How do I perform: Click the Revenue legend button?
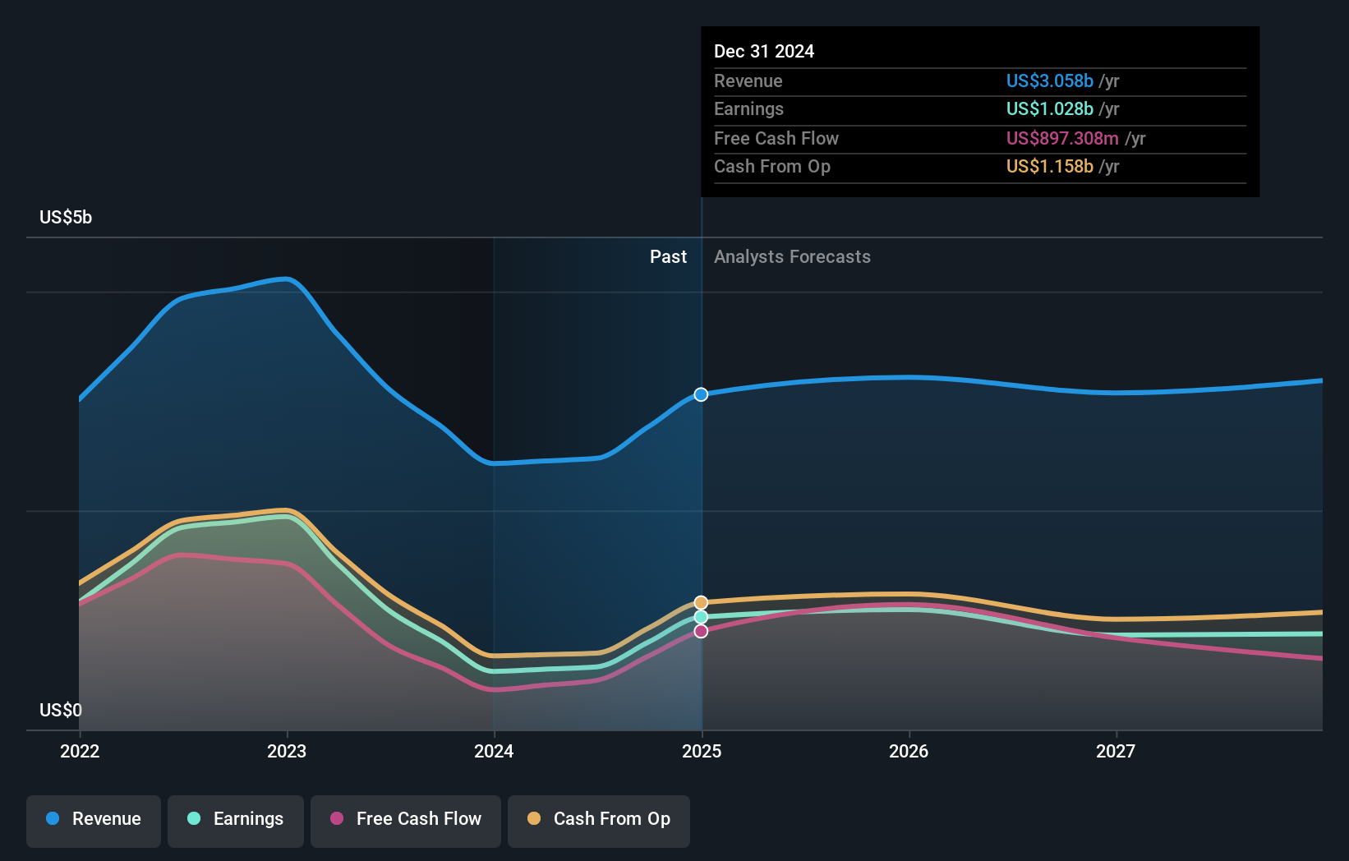click(x=94, y=819)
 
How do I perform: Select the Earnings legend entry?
click(x=236, y=819)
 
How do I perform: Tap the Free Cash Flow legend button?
click(x=406, y=819)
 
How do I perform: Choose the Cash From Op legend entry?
click(x=599, y=819)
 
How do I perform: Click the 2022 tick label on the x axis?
click(x=80, y=751)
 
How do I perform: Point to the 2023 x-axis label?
click(x=287, y=751)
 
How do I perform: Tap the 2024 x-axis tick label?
click(x=494, y=751)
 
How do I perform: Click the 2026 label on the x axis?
click(x=909, y=751)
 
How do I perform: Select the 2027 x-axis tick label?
click(x=1116, y=751)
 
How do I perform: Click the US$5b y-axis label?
click(x=66, y=218)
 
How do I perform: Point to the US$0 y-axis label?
click(x=61, y=710)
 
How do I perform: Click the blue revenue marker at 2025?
click(x=701, y=394)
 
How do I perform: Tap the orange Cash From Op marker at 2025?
click(x=701, y=603)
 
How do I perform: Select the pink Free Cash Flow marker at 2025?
click(x=701, y=631)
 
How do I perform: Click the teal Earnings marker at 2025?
click(x=701, y=617)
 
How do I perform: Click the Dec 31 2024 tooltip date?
click(x=764, y=52)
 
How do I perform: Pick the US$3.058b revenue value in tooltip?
click(x=1049, y=81)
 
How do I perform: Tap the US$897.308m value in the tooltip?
click(x=1062, y=138)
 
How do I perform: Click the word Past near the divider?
click(x=668, y=257)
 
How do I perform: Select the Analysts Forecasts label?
click(x=792, y=257)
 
